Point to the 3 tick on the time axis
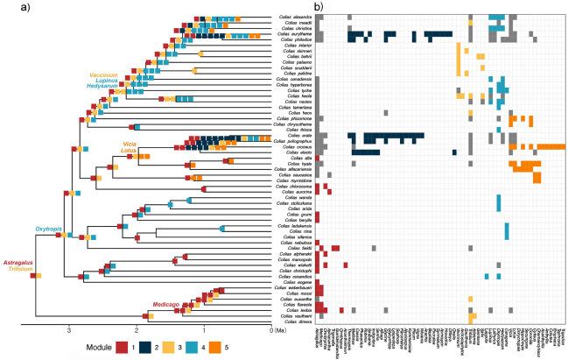tap(68, 330)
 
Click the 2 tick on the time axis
tap(136, 330)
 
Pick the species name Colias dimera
tap(296, 321)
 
